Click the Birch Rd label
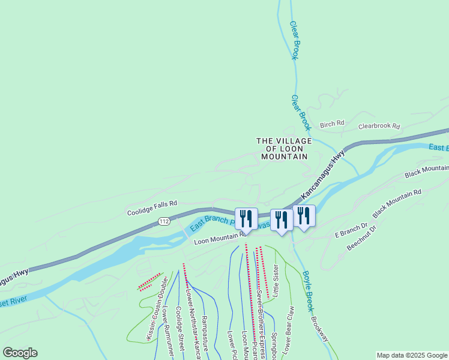tap(332, 124)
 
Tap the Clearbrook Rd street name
tap(379, 127)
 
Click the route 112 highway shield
tap(164, 221)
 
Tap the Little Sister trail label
tap(276, 281)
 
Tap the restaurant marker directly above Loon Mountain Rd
tap(247, 219)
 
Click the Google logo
tap(20, 353)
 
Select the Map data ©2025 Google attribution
tap(412, 355)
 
